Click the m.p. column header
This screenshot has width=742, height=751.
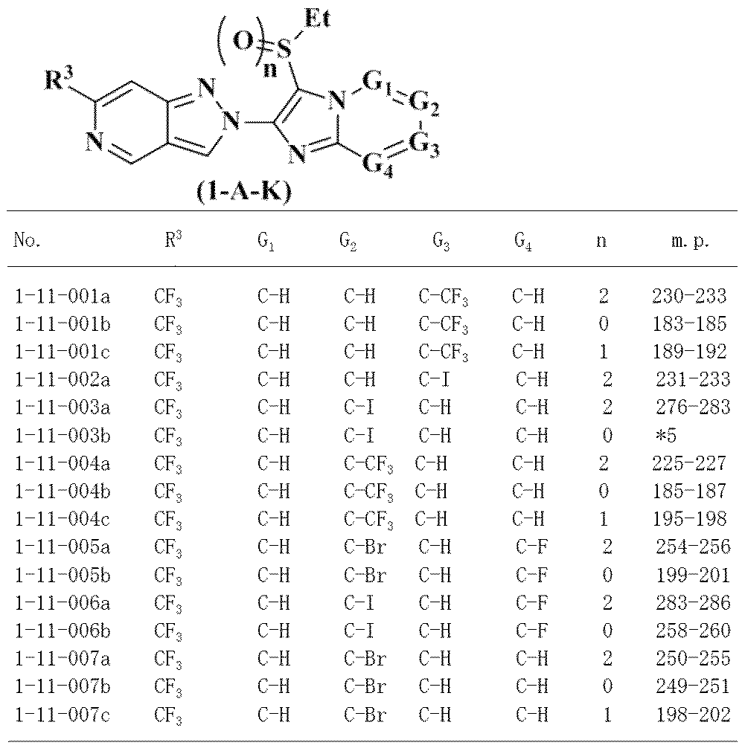pyautogui.click(x=689, y=242)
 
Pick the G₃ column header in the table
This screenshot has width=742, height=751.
pyautogui.click(x=440, y=242)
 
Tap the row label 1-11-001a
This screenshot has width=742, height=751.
pyautogui.click(x=63, y=297)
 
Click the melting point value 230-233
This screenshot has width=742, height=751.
pyautogui.click(x=689, y=297)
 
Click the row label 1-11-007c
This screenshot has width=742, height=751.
pyautogui.click(x=63, y=715)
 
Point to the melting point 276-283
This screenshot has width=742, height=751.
pyautogui.click(x=692, y=407)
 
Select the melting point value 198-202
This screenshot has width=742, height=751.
pyautogui.click(x=692, y=715)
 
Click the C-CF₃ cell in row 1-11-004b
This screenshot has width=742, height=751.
pyautogui.click(x=368, y=491)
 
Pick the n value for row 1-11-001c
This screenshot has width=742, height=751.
pyautogui.click(x=604, y=352)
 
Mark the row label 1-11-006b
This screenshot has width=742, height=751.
pyautogui.click(x=63, y=631)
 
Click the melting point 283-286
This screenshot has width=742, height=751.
pyautogui.click(x=692, y=603)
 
